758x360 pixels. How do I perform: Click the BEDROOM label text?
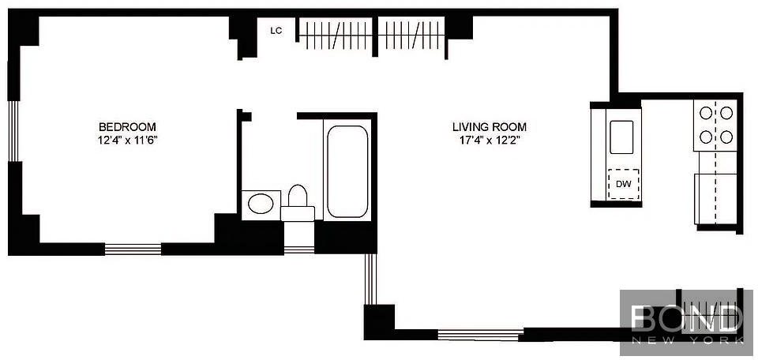click(x=127, y=128)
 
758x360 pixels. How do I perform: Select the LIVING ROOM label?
click(x=490, y=128)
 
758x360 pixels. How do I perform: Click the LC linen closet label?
click(x=276, y=31)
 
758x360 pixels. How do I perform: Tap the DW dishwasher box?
click(x=624, y=184)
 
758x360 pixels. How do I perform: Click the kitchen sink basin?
click(x=621, y=136)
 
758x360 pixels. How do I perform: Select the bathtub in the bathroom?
click(x=347, y=171)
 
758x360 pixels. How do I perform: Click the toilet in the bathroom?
click(x=298, y=204)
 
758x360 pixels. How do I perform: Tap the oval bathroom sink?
click(x=261, y=204)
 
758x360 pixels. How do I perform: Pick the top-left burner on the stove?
click(x=706, y=113)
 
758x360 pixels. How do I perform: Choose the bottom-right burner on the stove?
click(x=726, y=137)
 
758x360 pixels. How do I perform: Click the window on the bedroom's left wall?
click(x=14, y=131)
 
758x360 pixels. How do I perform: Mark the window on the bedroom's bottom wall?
click(x=133, y=249)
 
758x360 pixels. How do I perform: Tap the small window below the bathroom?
click(x=299, y=249)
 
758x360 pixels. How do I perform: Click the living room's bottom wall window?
click(x=481, y=334)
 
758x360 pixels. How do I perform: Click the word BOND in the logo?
click(x=687, y=318)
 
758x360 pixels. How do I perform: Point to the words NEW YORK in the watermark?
click(x=688, y=341)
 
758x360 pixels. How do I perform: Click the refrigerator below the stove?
click(x=715, y=199)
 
